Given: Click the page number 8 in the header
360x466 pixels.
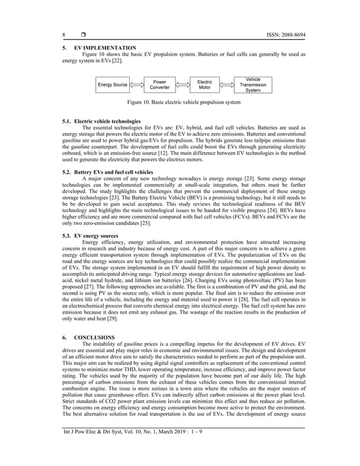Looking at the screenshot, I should pyautogui.click(x=64, y=35).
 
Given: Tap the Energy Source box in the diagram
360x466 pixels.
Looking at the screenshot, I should pyautogui.click(x=112, y=85).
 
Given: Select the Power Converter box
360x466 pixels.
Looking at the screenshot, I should pyautogui.click(x=160, y=85).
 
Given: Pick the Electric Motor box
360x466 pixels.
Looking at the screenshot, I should pyautogui.click(x=204, y=85).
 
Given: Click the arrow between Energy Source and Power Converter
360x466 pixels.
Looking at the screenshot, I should pyautogui.click(x=136, y=85).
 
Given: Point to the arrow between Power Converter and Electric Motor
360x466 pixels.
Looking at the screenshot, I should pyautogui.click(x=182, y=85).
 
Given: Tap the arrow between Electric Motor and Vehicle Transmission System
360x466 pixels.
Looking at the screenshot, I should pyautogui.click(x=227, y=85).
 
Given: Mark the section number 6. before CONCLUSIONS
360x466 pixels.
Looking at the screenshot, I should pyautogui.click(x=64, y=337).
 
